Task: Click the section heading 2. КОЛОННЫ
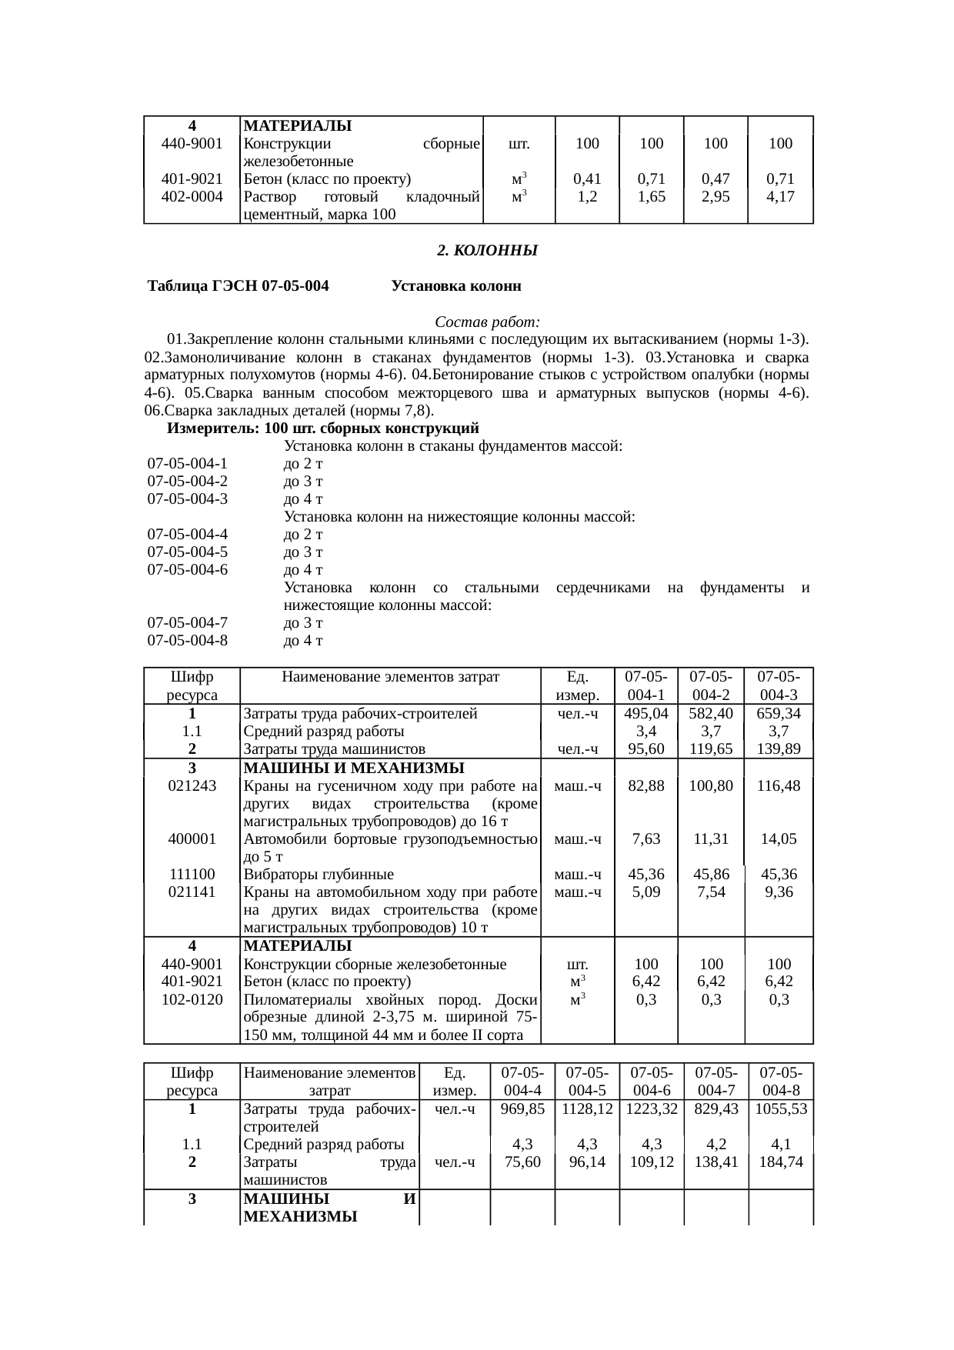click(x=486, y=251)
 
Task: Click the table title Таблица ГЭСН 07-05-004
click(x=239, y=286)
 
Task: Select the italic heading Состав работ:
click(x=487, y=321)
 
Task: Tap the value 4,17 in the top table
click(x=781, y=195)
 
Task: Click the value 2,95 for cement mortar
click(x=716, y=195)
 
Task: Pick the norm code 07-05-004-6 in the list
click(x=188, y=570)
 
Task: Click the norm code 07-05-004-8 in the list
click(x=188, y=640)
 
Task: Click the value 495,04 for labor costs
click(x=646, y=713)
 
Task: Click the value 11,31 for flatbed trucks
click(x=711, y=838)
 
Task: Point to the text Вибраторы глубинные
click(x=319, y=874)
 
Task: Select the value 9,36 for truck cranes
click(x=779, y=892)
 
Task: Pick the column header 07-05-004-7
click(x=716, y=1081)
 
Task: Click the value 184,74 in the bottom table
click(x=781, y=1162)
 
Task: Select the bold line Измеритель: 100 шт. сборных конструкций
click(x=323, y=428)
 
